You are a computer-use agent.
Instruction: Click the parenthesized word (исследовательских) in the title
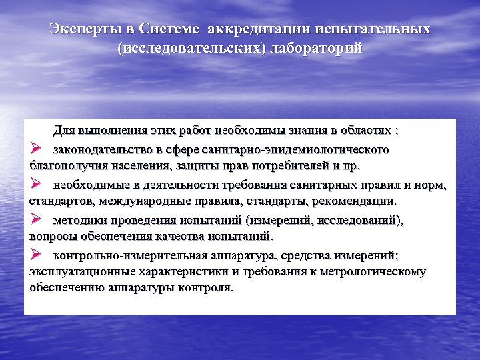click(x=191, y=49)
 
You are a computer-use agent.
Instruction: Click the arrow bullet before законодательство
click(x=36, y=147)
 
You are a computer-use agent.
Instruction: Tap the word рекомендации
click(x=357, y=201)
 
